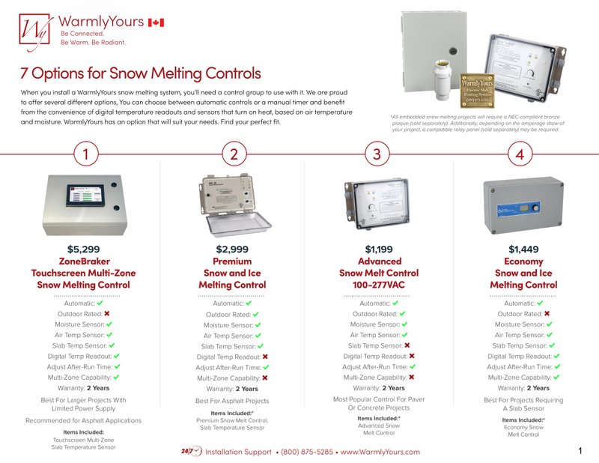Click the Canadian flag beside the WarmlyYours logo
pos(156,23)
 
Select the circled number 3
pos(377,154)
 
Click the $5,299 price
pos(83,249)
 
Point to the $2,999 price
pos(232,249)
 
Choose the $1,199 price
pos(379,249)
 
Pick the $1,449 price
pos(523,249)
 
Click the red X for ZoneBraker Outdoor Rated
pos(107,314)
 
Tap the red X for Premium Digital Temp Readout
pos(267,357)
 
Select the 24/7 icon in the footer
pos(191,452)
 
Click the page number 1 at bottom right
pos(581,451)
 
